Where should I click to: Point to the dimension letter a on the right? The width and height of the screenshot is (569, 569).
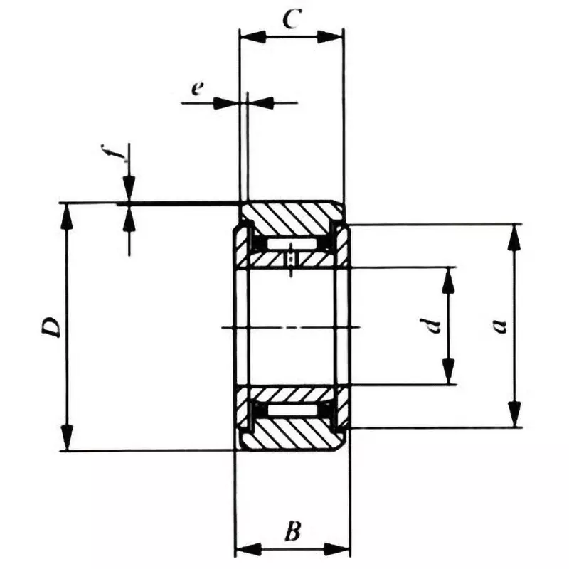click(500, 326)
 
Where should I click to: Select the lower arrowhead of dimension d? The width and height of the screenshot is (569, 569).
click(448, 371)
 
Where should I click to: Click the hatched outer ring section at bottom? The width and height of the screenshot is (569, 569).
click(292, 435)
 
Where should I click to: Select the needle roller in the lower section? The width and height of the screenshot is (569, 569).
click(292, 410)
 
